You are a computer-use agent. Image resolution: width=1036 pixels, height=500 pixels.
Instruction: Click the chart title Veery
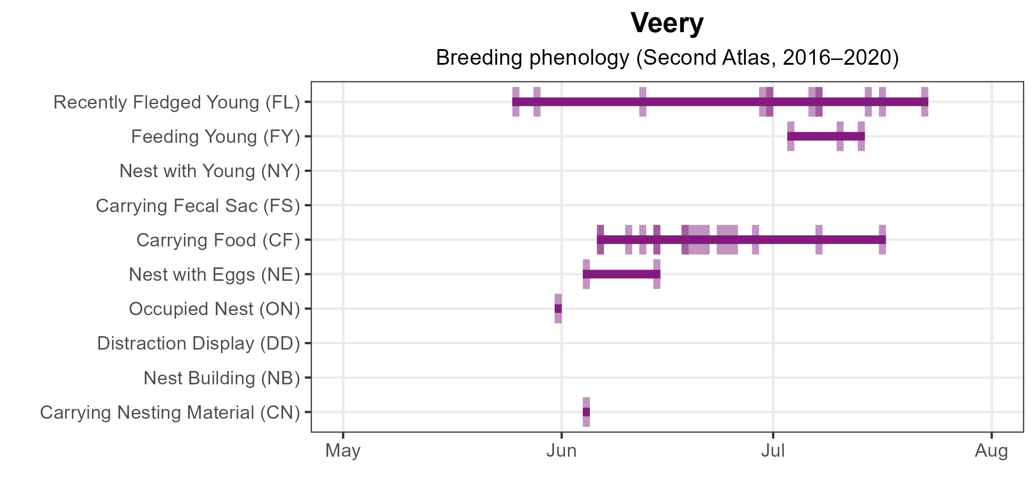[667, 23]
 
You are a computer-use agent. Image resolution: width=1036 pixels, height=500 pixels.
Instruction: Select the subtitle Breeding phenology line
[667, 58]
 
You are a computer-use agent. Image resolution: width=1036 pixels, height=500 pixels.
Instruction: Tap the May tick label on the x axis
[343, 451]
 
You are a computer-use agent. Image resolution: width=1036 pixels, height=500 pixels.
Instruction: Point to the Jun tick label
[561, 451]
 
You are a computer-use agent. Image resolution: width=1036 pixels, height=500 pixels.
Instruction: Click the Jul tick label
[773, 451]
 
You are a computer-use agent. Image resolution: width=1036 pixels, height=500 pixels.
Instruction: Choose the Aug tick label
[991, 451]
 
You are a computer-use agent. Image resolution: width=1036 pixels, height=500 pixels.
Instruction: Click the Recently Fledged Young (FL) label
[176, 102]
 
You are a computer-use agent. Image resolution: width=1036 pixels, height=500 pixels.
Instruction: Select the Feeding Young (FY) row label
[215, 137]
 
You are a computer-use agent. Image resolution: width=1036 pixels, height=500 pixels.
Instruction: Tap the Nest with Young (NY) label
[209, 171]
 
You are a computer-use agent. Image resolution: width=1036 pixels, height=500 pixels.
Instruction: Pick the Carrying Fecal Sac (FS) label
[197, 206]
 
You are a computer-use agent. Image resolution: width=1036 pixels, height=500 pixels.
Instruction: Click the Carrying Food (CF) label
[218, 240]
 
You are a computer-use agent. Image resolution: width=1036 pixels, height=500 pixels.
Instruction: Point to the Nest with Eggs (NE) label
[214, 275]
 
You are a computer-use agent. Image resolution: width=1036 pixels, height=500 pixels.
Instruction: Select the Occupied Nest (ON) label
[214, 309]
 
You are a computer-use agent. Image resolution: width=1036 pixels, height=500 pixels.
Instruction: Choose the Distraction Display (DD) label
[198, 343]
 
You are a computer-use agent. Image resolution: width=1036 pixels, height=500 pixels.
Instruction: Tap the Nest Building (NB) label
[221, 378]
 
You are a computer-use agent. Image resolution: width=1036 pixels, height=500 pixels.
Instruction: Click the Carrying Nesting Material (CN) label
[170, 412]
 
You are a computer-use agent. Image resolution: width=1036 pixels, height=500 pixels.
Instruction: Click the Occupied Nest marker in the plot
[558, 308]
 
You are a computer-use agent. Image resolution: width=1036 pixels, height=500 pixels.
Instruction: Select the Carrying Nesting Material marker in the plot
[586, 412]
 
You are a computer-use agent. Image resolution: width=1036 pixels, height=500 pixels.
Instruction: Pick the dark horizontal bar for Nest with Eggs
[621, 274]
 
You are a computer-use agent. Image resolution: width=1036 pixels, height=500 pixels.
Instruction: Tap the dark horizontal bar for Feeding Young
[826, 136]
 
